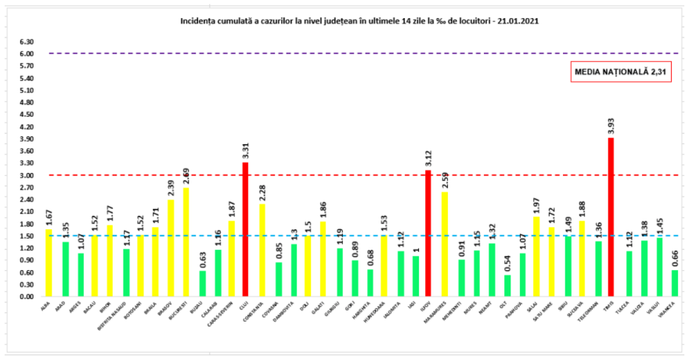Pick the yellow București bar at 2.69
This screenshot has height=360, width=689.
coord(186,242)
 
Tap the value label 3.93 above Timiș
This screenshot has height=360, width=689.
coord(611,125)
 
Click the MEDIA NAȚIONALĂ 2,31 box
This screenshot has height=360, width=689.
coord(609,71)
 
